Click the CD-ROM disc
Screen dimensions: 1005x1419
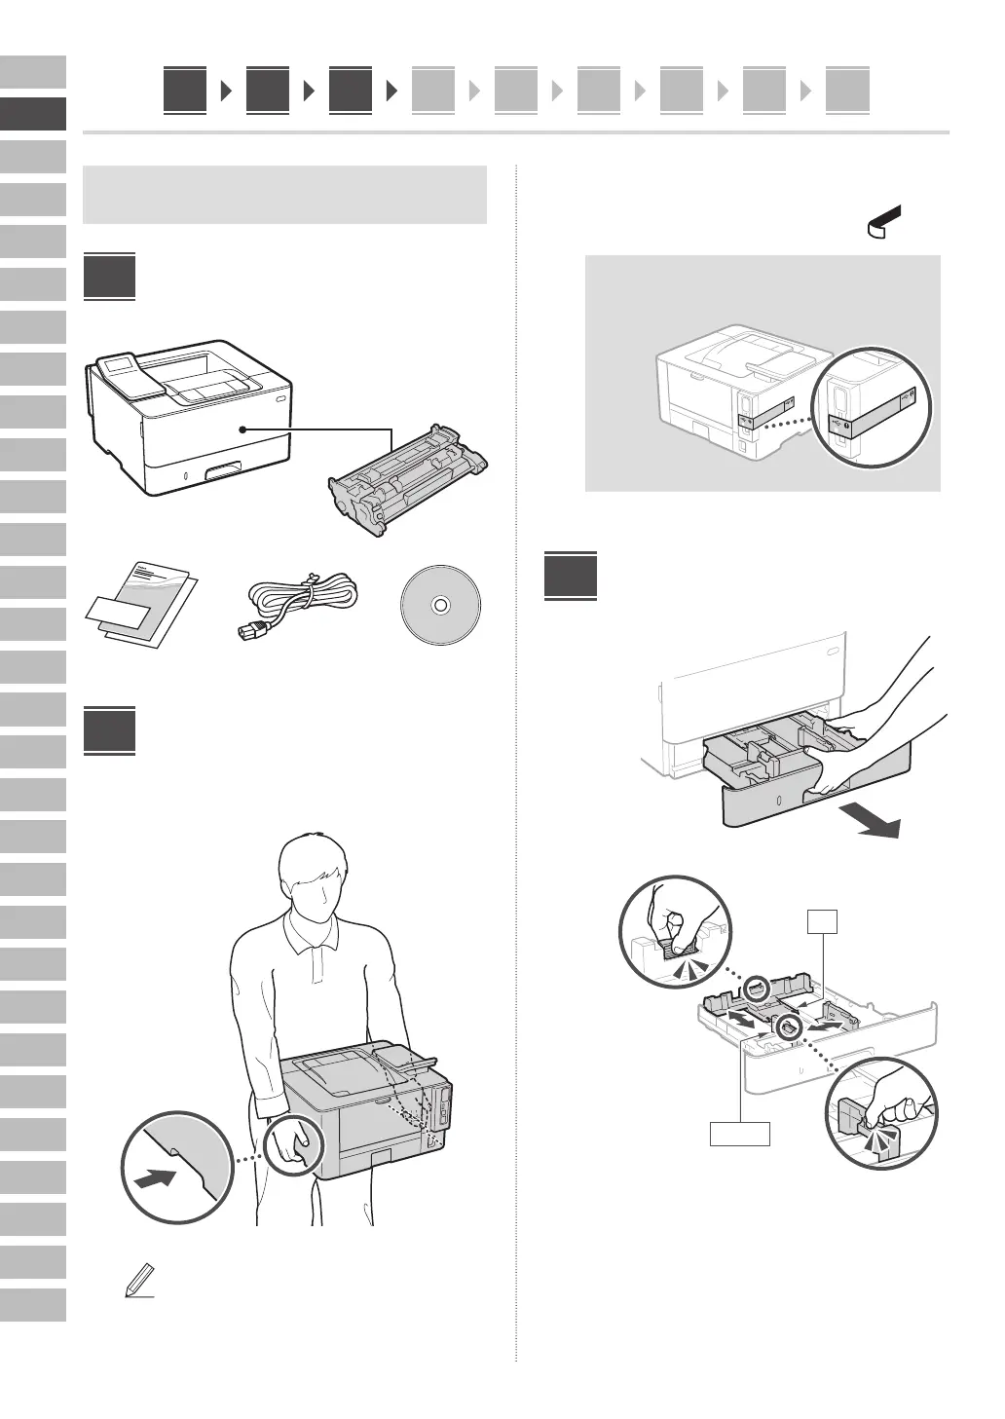click(439, 605)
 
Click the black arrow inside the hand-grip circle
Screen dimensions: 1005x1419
click(156, 1178)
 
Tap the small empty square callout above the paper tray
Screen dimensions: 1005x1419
click(824, 920)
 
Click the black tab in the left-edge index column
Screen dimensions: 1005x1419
click(33, 114)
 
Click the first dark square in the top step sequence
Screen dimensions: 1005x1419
click(185, 91)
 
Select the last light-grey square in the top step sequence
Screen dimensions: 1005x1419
click(847, 91)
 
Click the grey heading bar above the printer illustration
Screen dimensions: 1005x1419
click(285, 194)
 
